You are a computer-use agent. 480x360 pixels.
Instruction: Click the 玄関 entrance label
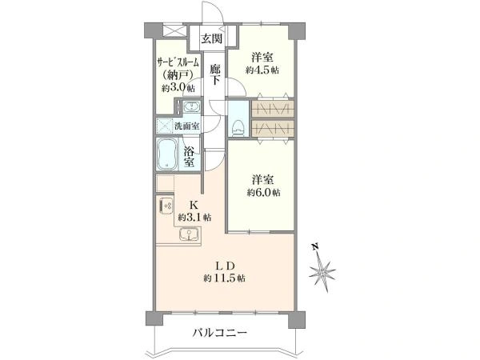211,38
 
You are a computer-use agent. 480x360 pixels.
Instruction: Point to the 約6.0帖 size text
263,193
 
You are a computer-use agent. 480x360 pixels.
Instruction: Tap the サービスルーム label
177,62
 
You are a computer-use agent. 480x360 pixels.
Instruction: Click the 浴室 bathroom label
190,157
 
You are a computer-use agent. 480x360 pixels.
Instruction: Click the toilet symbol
238,126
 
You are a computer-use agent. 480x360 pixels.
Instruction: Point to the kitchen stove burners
166,207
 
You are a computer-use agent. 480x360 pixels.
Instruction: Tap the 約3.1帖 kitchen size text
194,217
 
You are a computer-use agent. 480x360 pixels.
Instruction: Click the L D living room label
224,265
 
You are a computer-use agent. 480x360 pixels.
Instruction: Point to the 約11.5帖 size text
224,278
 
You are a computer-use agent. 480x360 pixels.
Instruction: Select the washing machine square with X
166,126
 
